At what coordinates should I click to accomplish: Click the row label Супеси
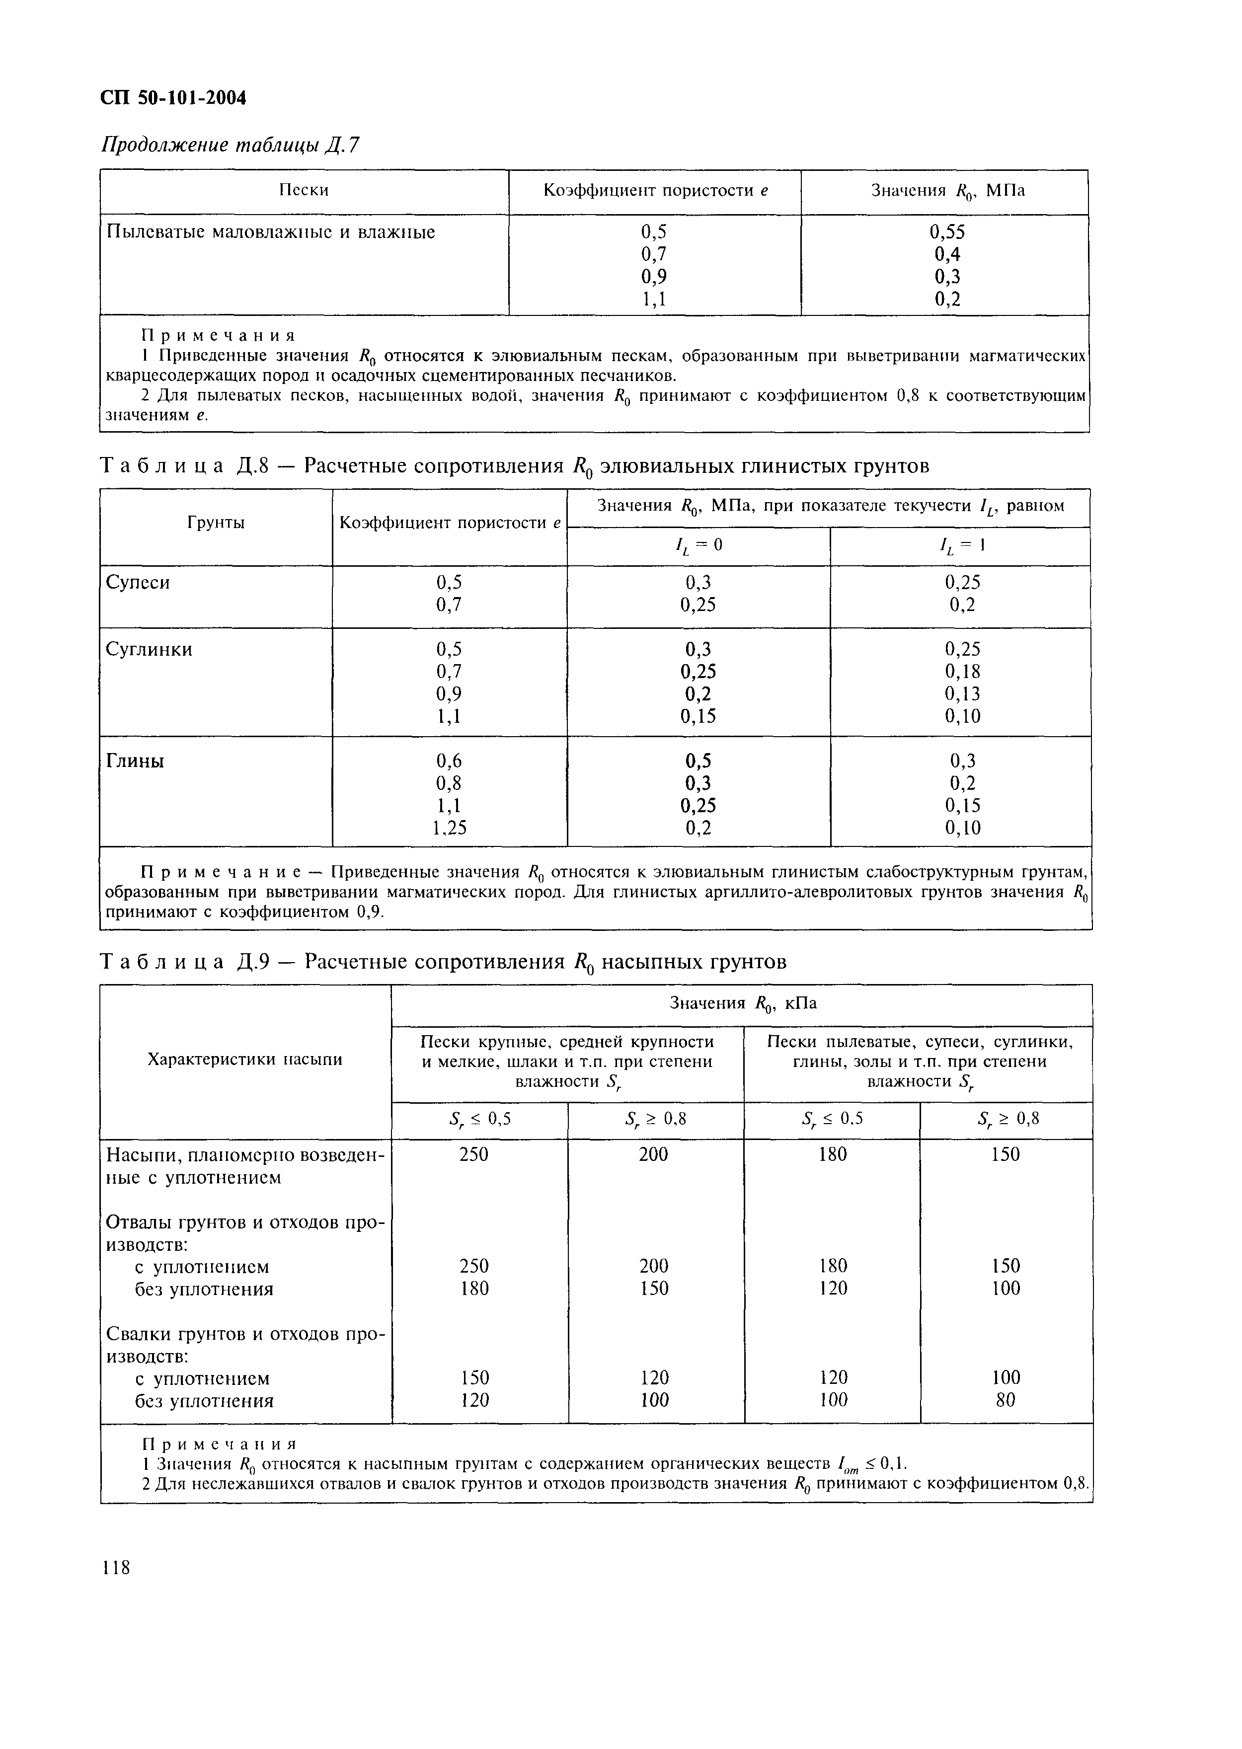[x=138, y=583]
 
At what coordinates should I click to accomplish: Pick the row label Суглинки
[x=149, y=649]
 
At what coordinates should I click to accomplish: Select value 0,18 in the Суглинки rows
[x=961, y=672]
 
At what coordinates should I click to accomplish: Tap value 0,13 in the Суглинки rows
[x=961, y=693]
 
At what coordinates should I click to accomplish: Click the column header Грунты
[x=216, y=523]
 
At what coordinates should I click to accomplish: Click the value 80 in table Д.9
[x=1006, y=1400]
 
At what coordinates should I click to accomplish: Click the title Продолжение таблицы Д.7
[x=230, y=145]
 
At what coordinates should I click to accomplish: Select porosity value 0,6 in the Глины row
[x=449, y=761]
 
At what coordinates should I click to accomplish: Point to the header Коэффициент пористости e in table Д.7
[x=655, y=190]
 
